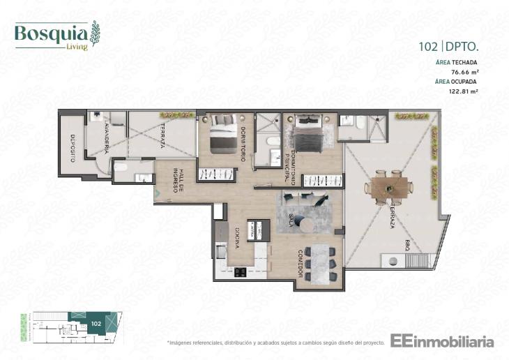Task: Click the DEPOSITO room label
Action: pos(72,147)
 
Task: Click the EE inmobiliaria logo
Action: pos(442,341)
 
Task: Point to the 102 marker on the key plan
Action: pos(95,324)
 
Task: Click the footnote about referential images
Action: pos(275,343)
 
